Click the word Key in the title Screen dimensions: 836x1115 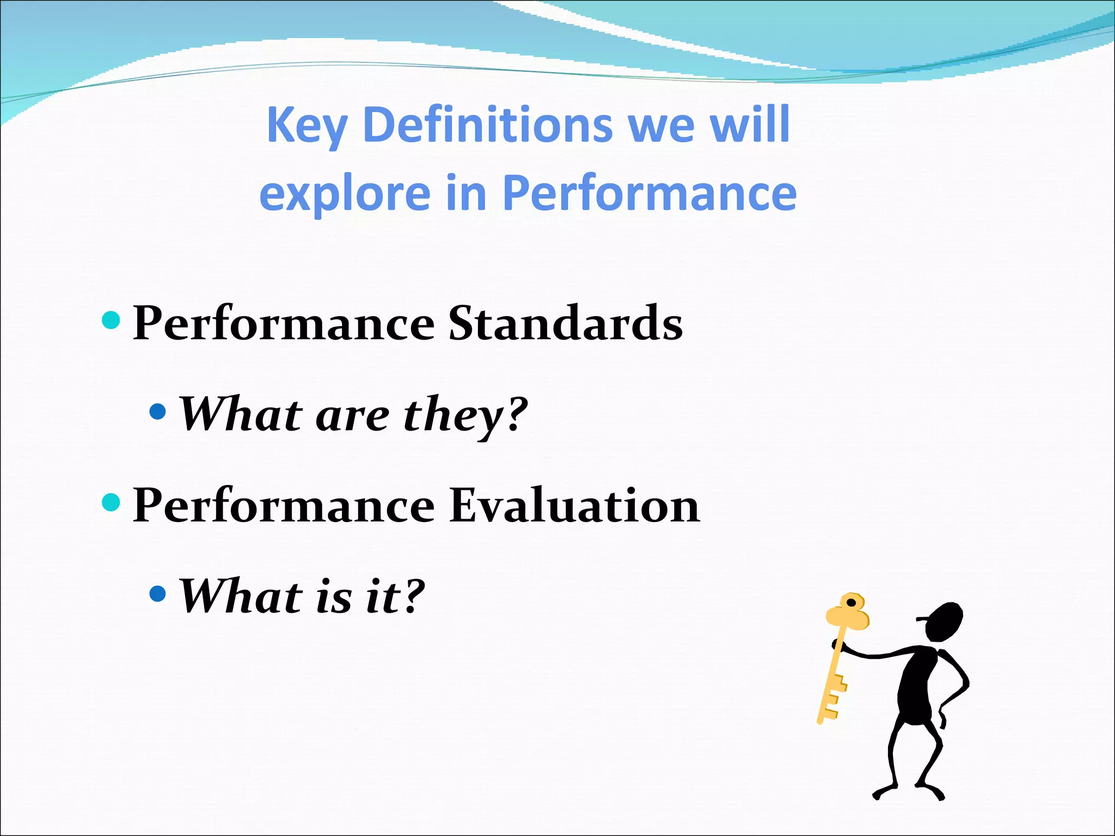307,126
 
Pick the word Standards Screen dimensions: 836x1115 565,323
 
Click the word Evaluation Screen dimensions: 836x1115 574,506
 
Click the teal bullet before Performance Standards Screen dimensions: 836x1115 111,321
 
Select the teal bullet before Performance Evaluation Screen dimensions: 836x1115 111,502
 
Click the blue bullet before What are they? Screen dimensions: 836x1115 157,411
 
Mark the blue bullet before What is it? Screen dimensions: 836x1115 157,593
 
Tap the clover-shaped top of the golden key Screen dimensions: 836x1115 848,612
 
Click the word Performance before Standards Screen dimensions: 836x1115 284,324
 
